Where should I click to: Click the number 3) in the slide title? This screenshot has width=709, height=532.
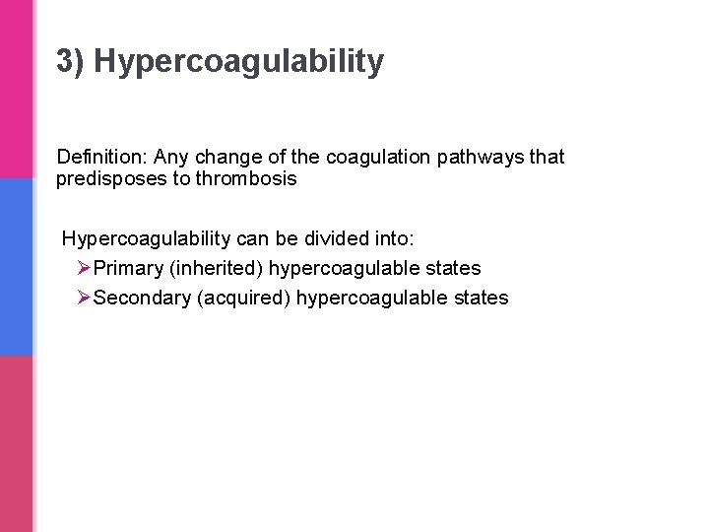point(71,62)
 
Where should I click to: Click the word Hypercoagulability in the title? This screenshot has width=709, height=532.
point(239,62)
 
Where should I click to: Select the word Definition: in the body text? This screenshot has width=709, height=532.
point(101,157)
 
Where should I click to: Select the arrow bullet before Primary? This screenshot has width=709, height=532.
point(83,268)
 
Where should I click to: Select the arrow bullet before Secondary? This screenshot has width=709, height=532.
point(83,298)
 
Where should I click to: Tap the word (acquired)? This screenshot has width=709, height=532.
point(244,298)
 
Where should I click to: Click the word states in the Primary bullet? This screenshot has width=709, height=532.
point(454,268)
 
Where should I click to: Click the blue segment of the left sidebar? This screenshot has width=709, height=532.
point(16,266)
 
